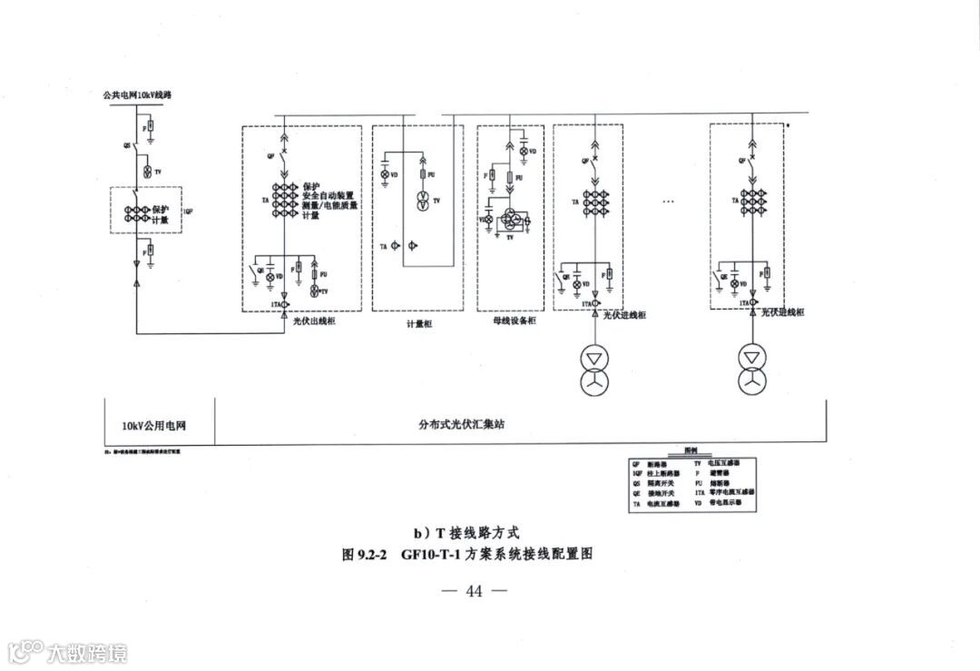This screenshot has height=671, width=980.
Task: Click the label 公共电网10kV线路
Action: pos(138,94)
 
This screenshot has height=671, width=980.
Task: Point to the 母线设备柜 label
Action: pos(515,321)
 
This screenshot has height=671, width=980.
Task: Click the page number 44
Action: pos(474,591)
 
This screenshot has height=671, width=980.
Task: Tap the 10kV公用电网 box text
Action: pos(161,424)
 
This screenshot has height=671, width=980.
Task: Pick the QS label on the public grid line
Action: pos(125,144)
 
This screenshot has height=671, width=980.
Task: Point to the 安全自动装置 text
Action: pos(328,195)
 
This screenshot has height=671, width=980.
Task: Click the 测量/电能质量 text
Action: pos(330,205)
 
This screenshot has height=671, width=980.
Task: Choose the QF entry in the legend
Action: pos(636,463)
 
